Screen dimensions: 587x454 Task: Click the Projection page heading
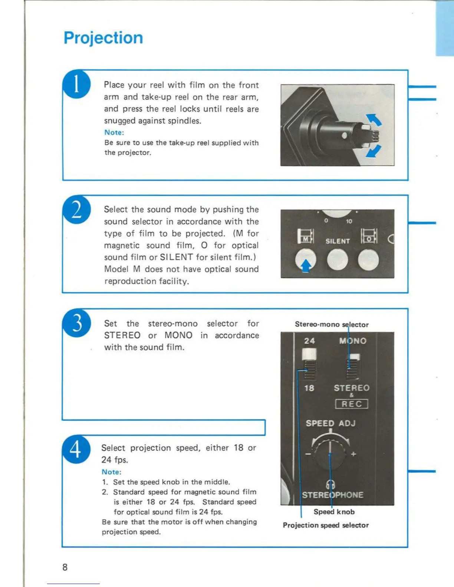tap(103, 38)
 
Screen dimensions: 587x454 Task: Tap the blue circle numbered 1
tap(76, 84)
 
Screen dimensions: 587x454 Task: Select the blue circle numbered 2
tap(76, 210)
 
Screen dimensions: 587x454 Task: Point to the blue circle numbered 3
tap(77, 323)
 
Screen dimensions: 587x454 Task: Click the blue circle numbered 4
tap(76, 449)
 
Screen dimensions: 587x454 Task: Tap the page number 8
tap(65, 567)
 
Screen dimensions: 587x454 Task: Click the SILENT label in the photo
tap(338, 241)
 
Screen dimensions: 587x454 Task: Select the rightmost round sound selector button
tap(368, 260)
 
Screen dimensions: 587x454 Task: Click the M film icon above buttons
tap(306, 236)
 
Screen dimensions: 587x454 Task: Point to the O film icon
tap(369, 236)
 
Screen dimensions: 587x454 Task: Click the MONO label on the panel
tap(353, 341)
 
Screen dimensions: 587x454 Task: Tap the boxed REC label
tap(351, 404)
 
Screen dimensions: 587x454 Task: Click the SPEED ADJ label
tap(330, 423)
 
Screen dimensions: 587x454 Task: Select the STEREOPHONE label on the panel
tap(333, 495)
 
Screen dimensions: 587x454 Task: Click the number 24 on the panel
tap(309, 341)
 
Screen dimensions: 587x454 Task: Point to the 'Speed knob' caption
tap(334, 512)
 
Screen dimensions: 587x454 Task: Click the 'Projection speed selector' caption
tap(326, 525)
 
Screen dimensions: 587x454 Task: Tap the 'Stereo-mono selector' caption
tap(332, 324)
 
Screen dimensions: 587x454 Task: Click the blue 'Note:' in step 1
tap(114, 132)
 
